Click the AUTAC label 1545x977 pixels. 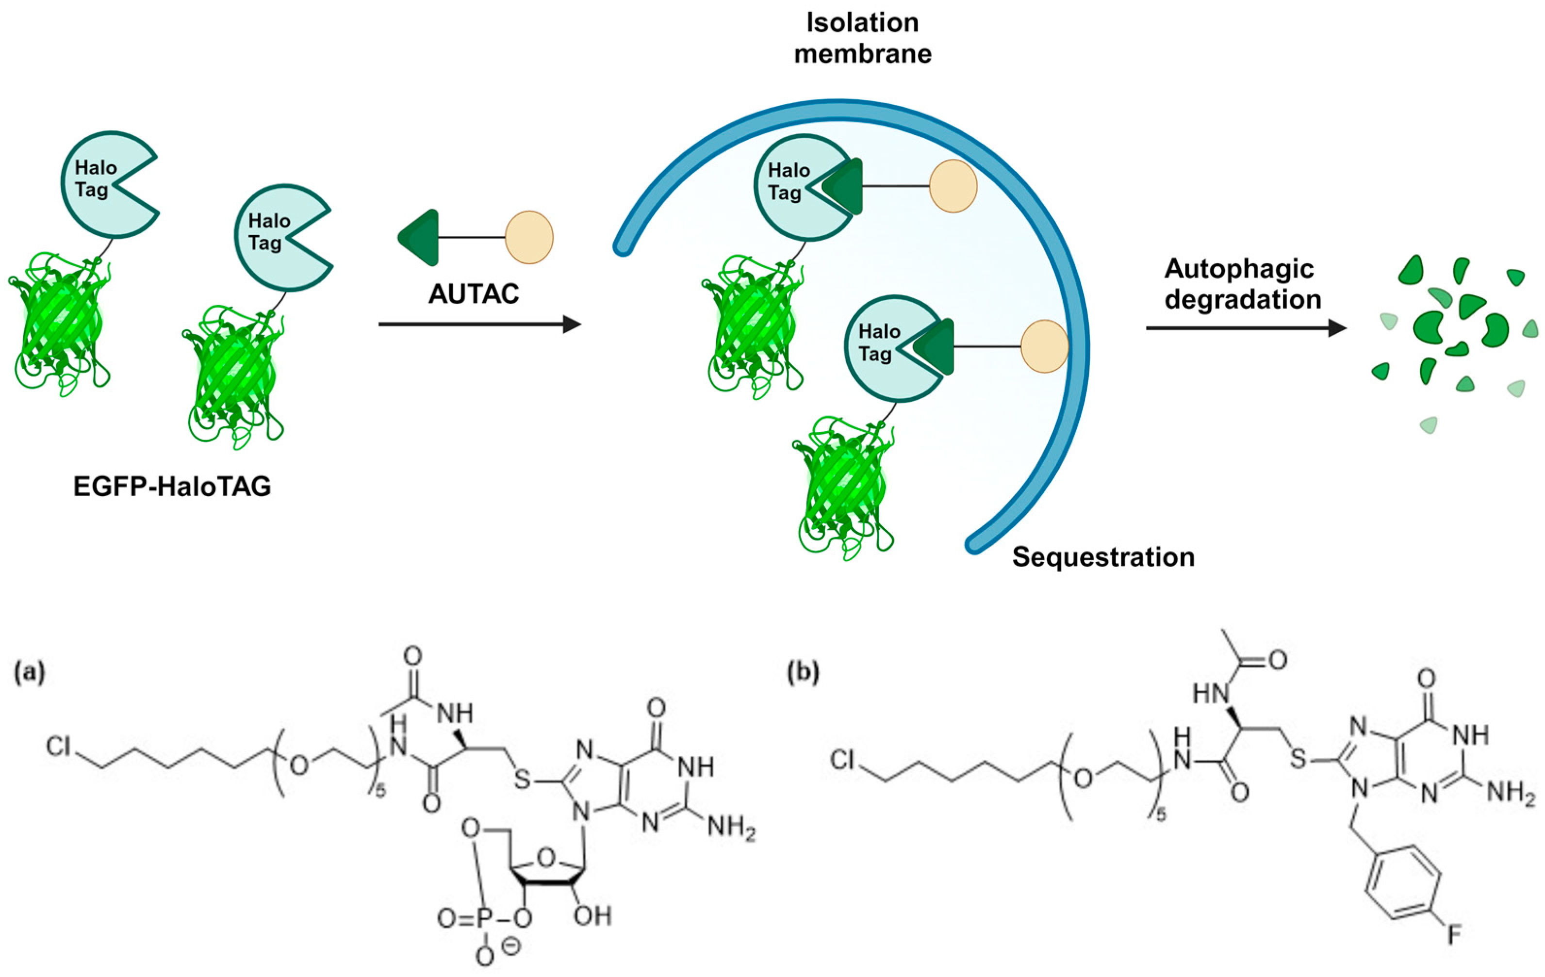click(474, 294)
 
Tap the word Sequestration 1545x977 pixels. click(1103, 557)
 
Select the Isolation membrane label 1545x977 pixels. click(862, 38)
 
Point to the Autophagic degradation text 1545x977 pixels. click(1242, 284)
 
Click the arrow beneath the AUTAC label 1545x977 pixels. click(479, 324)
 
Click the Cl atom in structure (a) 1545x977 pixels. click(58, 747)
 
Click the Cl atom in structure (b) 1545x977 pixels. click(842, 760)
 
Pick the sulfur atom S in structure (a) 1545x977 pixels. click(523, 780)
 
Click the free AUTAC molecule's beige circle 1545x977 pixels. click(529, 237)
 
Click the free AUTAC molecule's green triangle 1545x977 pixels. click(420, 237)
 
